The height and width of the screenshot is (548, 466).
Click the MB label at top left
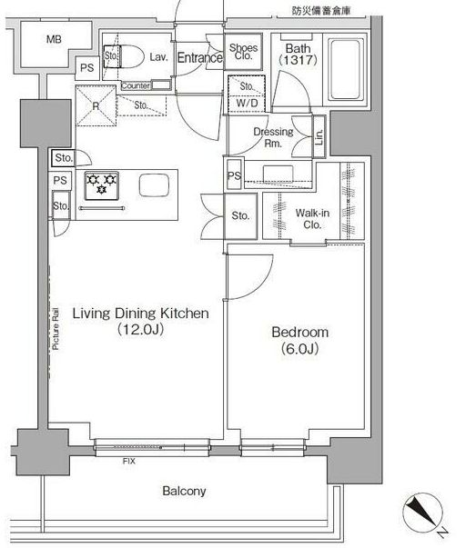pyautogui.click(x=54, y=39)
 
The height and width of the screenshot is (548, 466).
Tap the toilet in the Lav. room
pyautogui.click(x=124, y=56)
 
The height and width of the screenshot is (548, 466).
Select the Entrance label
pyautogui.click(x=200, y=57)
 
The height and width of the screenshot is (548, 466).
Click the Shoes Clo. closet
pyautogui.click(x=243, y=52)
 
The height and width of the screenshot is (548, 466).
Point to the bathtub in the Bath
pyautogui.click(x=345, y=70)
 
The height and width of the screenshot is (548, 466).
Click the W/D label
pyautogui.click(x=247, y=103)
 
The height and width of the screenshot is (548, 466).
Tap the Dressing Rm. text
pyautogui.click(x=273, y=137)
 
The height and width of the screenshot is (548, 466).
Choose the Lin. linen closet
pyautogui.click(x=319, y=136)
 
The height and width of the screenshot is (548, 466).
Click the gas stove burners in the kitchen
pyautogui.click(x=102, y=185)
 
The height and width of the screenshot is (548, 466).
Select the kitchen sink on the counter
pyautogui.click(x=154, y=184)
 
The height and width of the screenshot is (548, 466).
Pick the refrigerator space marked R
pyautogui.click(x=96, y=105)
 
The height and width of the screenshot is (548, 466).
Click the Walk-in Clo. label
pyautogui.click(x=312, y=218)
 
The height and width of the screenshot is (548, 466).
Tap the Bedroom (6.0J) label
pyautogui.click(x=300, y=340)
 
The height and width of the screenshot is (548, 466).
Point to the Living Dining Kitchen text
pyautogui.click(x=141, y=314)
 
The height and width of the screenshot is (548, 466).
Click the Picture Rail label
pyautogui.click(x=56, y=329)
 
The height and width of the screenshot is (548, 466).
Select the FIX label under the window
pyautogui.click(x=129, y=462)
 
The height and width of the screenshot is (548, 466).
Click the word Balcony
pyautogui.click(x=184, y=491)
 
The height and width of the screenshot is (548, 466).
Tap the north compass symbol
pyautogui.click(x=422, y=513)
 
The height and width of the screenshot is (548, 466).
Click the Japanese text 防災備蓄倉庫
pyautogui.click(x=321, y=11)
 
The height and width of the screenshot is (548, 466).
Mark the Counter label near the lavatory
pyautogui.click(x=136, y=85)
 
